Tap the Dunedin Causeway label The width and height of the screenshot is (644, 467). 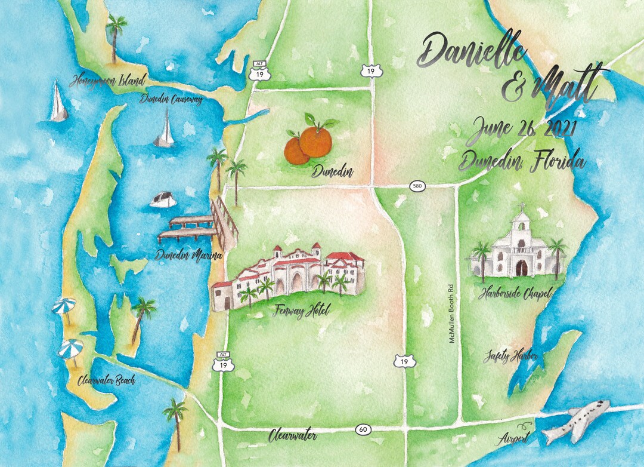tap(171, 99)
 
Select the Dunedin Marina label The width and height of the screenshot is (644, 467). tap(188, 256)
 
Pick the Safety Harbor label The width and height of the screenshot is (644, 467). tap(511, 357)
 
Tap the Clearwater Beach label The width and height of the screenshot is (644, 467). tap(106, 380)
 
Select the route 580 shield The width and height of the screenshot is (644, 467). tap(417, 187)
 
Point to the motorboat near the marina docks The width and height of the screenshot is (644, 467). tap(163, 199)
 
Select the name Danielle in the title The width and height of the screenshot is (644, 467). tap(473, 51)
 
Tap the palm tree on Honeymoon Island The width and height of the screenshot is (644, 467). tap(116, 38)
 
